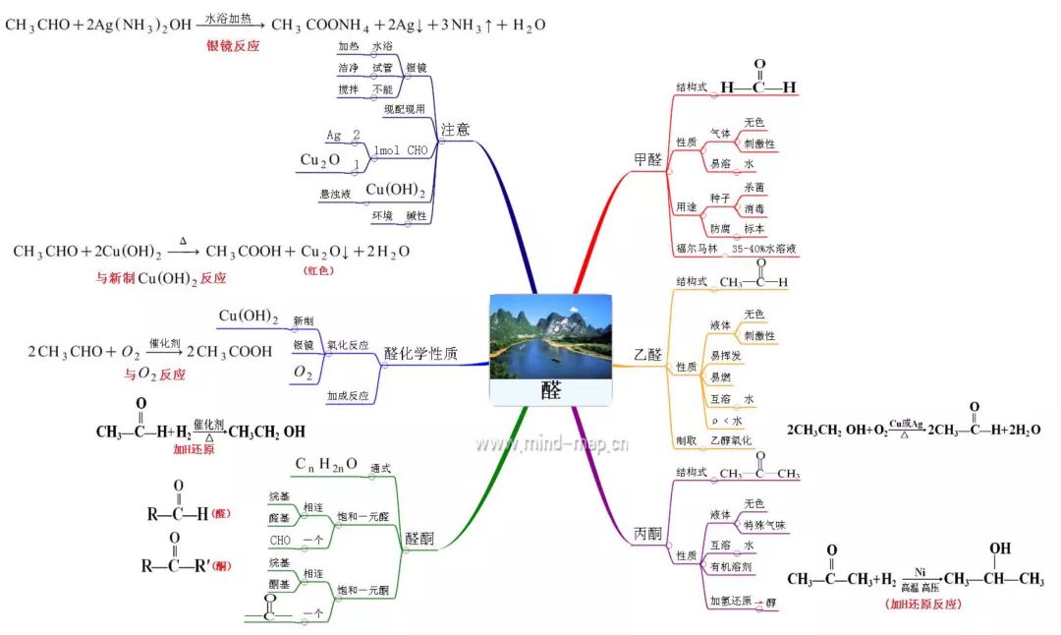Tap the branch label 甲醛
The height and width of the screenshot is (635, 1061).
pyautogui.click(x=647, y=159)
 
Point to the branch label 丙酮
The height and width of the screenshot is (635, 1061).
pyautogui.click(x=647, y=534)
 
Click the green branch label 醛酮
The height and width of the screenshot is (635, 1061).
pyautogui.click(x=419, y=539)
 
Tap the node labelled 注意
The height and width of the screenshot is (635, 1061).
pyautogui.click(x=455, y=130)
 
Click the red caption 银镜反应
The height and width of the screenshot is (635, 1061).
pyautogui.click(x=233, y=45)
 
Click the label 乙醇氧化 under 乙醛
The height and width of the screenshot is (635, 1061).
pyautogui.click(x=731, y=440)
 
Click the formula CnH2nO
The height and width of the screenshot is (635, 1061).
pyautogui.click(x=327, y=464)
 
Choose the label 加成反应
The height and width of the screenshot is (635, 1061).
pyautogui.click(x=348, y=396)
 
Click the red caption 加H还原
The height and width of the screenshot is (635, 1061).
pyautogui.click(x=194, y=449)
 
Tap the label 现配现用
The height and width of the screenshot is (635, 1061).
pyautogui.click(x=405, y=108)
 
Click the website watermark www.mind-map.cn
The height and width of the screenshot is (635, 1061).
pyautogui.click(x=552, y=443)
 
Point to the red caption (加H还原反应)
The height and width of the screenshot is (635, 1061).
pyautogui.click(x=922, y=604)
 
